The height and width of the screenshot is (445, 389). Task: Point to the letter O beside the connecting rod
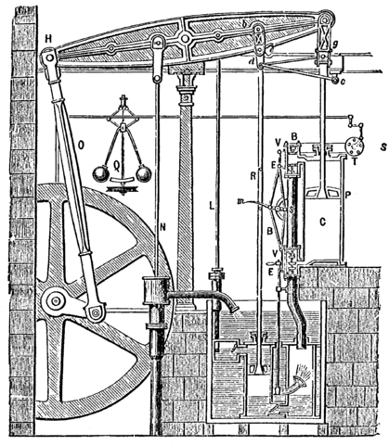tap(82, 144)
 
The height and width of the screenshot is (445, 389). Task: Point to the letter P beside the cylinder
tap(348, 195)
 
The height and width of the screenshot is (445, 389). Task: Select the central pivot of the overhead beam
tap(187, 40)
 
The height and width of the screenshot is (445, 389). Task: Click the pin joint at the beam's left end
tap(48, 57)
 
